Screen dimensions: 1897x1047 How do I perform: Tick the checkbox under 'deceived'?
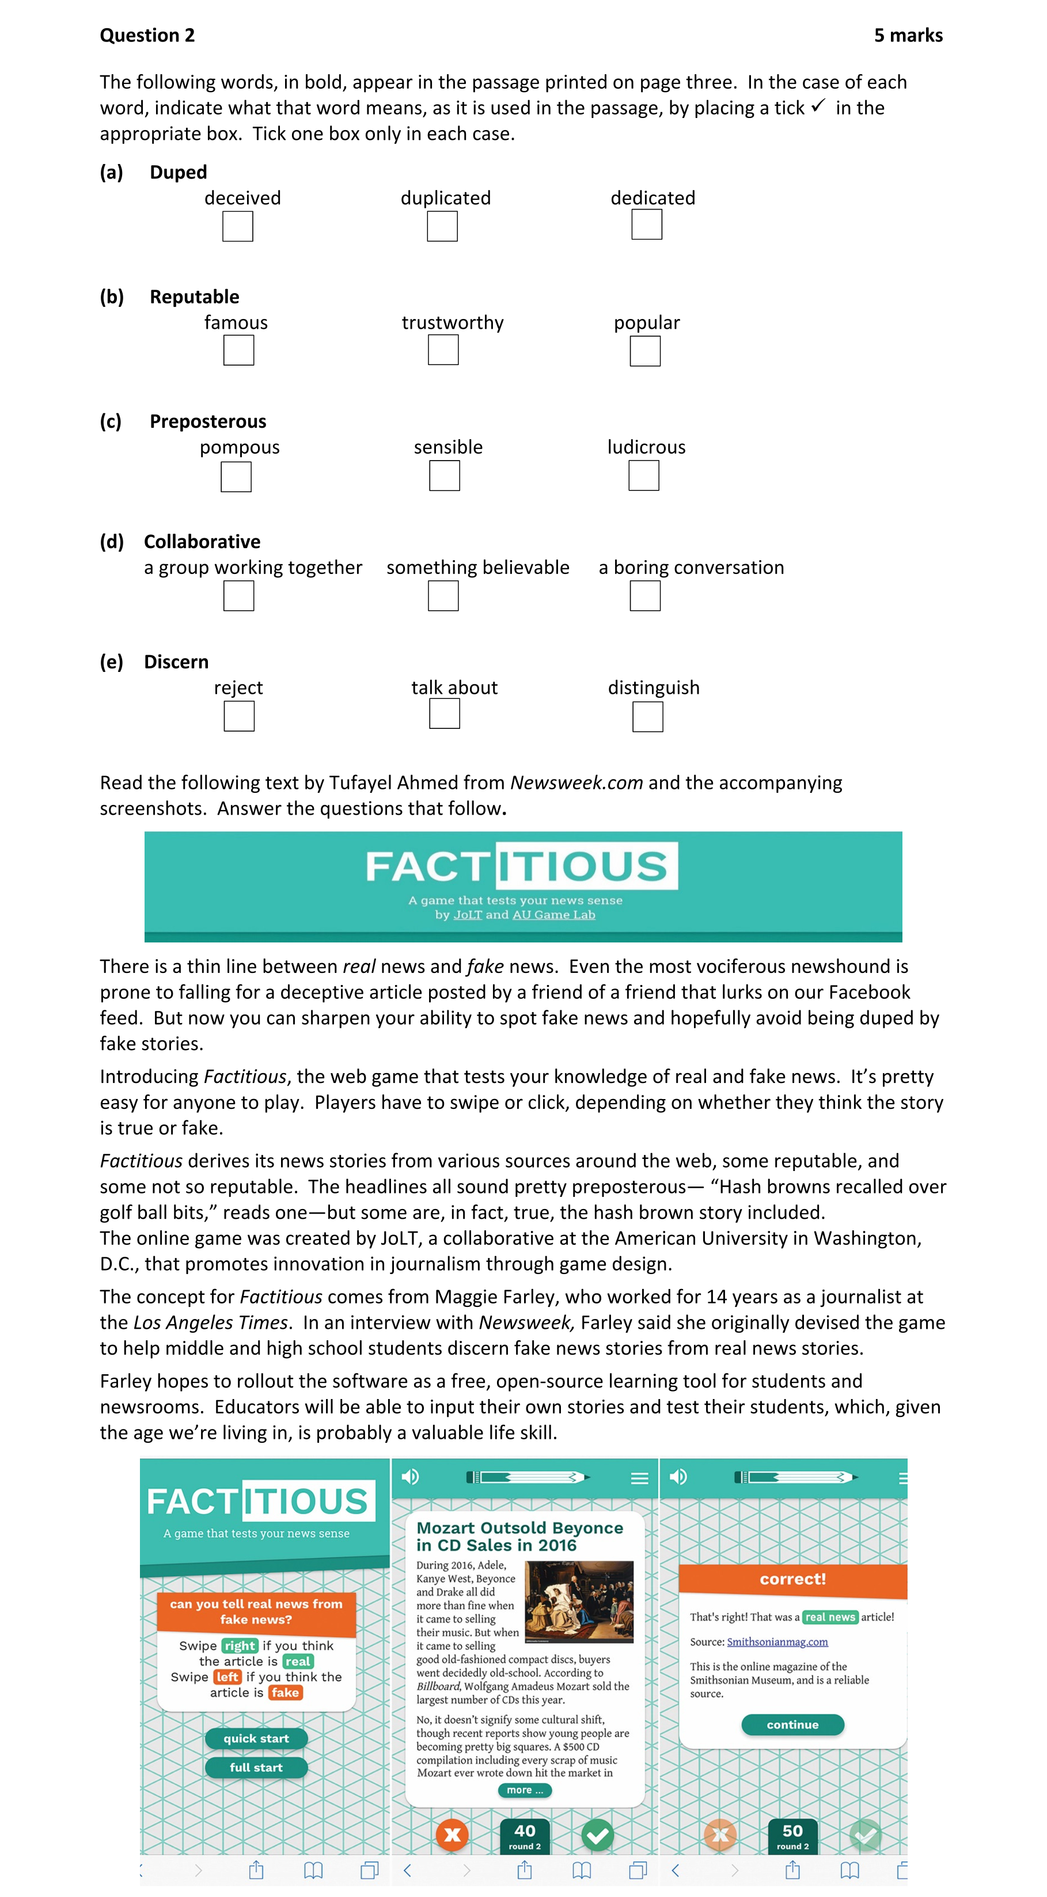(x=237, y=226)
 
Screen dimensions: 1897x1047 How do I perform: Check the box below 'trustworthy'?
(x=443, y=350)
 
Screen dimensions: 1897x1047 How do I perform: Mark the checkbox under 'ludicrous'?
(x=643, y=476)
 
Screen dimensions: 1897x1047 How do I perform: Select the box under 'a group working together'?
(x=239, y=596)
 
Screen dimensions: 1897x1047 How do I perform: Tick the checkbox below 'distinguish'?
(x=648, y=717)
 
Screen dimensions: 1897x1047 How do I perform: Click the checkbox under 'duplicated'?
(x=442, y=226)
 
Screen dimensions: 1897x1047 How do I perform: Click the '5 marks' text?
(x=908, y=35)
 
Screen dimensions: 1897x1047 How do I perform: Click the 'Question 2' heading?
(x=147, y=35)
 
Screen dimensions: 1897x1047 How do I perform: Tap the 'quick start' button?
(x=256, y=1738)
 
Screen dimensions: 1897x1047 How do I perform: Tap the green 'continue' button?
(x=792, y=1724)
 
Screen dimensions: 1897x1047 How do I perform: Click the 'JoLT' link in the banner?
(x=467, y=915)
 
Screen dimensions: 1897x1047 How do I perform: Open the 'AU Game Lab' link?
(x=553, y=915)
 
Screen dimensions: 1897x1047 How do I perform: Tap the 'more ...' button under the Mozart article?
(x=525, y=1789)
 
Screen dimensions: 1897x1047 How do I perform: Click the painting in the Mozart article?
(x=579, y=1602)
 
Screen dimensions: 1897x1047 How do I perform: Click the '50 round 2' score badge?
(x=792, y=1835)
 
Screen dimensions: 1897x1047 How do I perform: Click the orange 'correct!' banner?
(x=792, y=1579)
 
